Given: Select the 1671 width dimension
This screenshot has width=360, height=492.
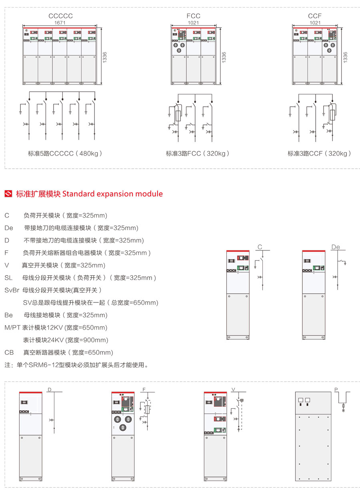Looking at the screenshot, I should point(60,23).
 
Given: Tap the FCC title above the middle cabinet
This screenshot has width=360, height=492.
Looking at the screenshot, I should point(193,16).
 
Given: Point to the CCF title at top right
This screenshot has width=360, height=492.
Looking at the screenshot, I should point(315,16).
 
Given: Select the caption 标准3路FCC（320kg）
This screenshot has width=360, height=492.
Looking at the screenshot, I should point(198,153).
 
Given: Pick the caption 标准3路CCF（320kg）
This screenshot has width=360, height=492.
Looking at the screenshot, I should point(319,153).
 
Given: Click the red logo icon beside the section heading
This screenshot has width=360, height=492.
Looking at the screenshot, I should point(8,194).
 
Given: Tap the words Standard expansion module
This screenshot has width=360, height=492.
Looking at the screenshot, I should point(112,194).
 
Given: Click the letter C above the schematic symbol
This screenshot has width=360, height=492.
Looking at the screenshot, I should point(260,247).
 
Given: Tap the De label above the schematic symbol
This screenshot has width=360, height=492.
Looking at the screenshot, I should point(335,247).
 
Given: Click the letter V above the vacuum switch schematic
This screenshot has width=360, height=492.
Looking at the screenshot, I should point(233,389).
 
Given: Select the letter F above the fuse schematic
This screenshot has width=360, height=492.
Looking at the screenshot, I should point(144,389).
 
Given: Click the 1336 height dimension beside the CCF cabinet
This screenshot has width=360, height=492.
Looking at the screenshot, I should point(345,56).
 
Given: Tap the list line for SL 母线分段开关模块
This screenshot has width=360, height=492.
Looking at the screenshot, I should point(80,278).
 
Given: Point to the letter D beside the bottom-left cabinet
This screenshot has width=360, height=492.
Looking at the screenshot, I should point(50,389).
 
